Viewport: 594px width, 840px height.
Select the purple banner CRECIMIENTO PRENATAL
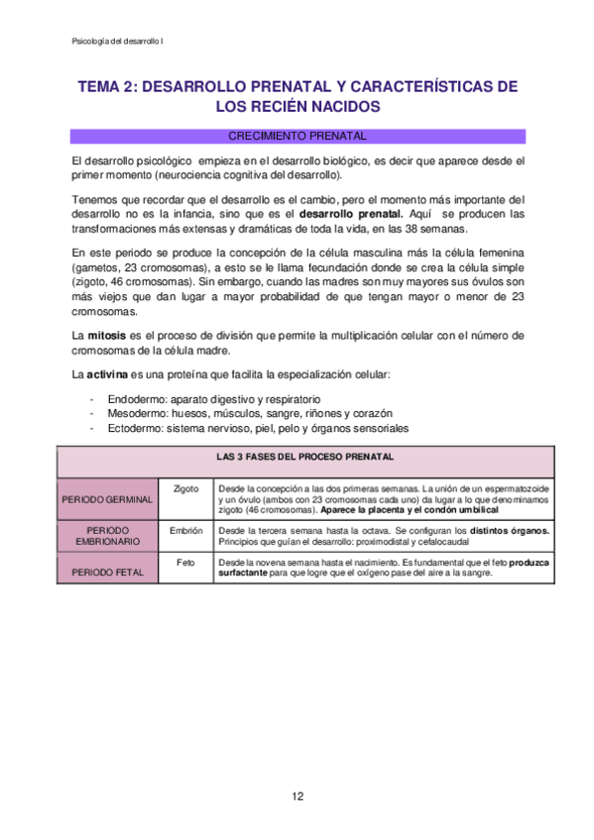pyautogui.click(x=297, y=136)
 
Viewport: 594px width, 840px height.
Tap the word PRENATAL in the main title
pyautogui.click(x=285, y=86)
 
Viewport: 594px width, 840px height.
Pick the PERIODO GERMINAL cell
pyautogui.click(x=107, y=499)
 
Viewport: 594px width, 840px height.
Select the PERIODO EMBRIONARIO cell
pyautogui.click(x=107, y=536)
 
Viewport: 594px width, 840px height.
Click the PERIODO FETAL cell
pyautogui.click(x=107, y=573)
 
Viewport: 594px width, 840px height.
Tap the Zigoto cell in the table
pyautogui.click(x=186, y=488)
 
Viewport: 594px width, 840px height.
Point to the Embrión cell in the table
pyautogui.click(x=186, y=531)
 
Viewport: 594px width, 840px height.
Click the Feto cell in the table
pyautogui.click(x=186, y=562)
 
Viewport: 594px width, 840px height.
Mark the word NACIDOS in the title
pyautogui.click(x=340, y=106)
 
